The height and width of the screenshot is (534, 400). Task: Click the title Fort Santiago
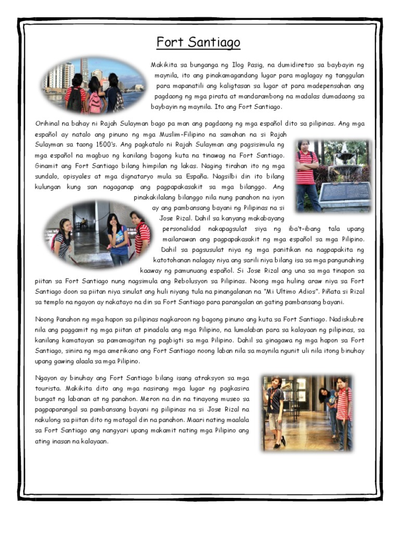(x=198, y=42)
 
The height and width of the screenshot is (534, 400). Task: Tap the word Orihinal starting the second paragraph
(x=51, y=124)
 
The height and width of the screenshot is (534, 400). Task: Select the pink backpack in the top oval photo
(x=95, y=102)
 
